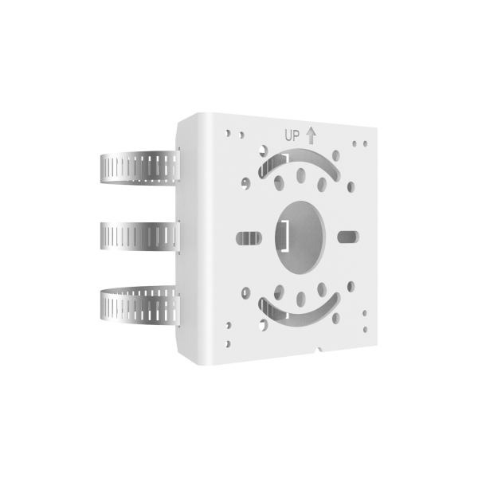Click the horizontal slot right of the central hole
348,236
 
